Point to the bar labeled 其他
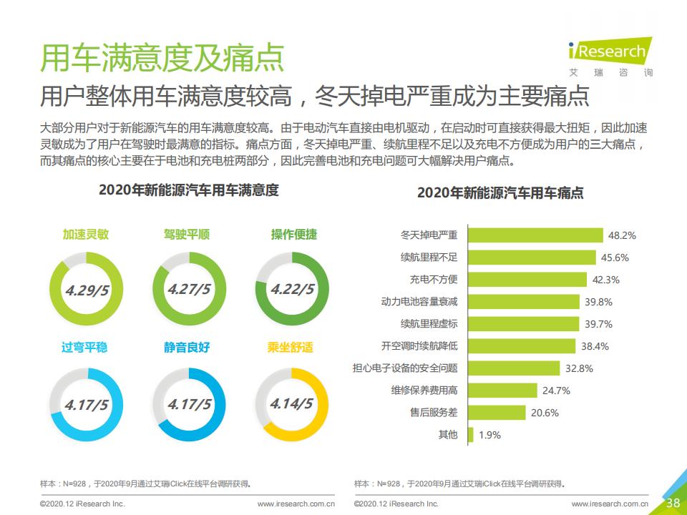(470, 434)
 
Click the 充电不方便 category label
(433, 279)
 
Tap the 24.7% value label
(556, 391)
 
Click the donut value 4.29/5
(87, 290)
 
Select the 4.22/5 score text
(292, 290)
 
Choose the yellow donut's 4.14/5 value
(291, 403)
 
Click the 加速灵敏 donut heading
(85, 235)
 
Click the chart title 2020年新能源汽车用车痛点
(500, 193)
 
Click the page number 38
(673, 502)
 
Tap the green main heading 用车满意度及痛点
(162, 58)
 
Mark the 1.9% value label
(489, 434)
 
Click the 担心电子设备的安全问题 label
(404, 368)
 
